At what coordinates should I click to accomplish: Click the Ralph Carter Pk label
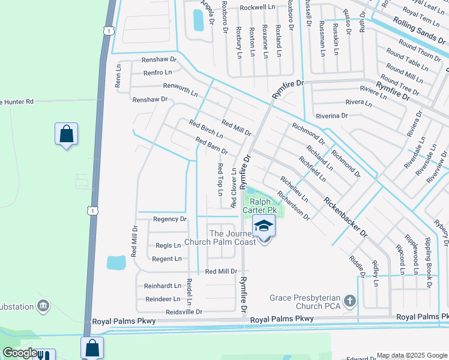[x=259, y=206]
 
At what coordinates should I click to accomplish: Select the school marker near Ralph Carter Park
[x=264, y=227]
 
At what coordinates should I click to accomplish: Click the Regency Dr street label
[x=170, y=219]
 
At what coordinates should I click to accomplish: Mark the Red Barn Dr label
[x=211, y=145]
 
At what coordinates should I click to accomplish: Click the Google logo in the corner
[x=20, y=353]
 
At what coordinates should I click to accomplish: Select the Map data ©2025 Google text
[x=412, y=355]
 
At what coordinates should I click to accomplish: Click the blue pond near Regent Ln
[x=116, y=262]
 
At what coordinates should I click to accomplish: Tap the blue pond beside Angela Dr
[x=197, y=20]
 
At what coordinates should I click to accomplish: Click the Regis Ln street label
[x=168, y=245]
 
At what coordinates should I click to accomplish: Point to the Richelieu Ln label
[x=294, y=187]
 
